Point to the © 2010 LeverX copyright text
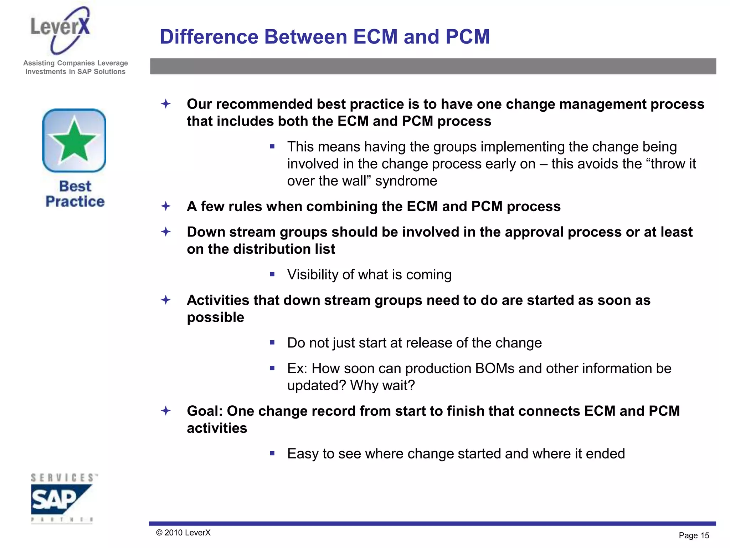coord(183,533)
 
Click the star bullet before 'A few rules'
coord(166,206)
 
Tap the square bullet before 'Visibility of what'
coord(272,274)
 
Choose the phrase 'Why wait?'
coord(382,385)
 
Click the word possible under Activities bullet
coord(215,317)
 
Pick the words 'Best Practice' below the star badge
coord(75,194)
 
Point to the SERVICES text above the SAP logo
coord(63,478)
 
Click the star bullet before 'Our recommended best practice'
coord(166,104)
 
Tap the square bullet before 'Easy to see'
coord(272,453)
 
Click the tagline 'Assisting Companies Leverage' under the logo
coord(75,63)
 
